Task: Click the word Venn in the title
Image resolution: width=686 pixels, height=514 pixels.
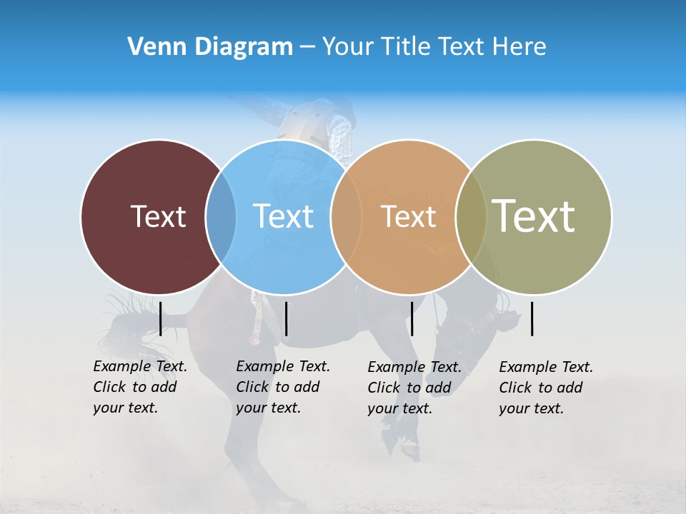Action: coord(151,47)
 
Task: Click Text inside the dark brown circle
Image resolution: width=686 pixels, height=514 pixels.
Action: coord(158,216)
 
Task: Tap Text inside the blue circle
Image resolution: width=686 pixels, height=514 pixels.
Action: coord(283,216)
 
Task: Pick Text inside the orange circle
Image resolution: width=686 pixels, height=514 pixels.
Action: coord(408,216)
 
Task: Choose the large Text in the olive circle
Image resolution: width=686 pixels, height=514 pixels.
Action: coord(534,216)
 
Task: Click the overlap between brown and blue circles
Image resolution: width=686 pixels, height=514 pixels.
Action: coord(221,216)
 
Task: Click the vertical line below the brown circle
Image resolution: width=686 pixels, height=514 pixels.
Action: coord(160,318)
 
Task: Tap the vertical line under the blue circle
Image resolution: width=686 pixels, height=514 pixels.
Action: coord(286,318)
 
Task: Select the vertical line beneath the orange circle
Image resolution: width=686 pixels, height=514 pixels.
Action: coord(412,318)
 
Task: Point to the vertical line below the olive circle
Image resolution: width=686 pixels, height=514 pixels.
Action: coord(532,318)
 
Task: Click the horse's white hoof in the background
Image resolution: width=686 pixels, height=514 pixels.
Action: coord(409,450)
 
